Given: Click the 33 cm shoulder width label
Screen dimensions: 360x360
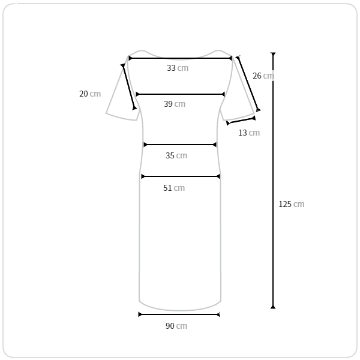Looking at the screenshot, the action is click(x=178, y=68).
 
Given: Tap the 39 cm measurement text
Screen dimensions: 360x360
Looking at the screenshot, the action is click(x=175, y=104).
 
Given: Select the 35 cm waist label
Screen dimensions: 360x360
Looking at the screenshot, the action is click(x=176, y=155).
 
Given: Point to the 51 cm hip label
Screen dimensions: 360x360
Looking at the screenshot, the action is click(x=174, y=188).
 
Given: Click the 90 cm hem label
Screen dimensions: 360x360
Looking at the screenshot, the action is click(x=176, y=326).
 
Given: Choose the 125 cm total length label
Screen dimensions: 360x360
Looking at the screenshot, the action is click(x=292, y=204).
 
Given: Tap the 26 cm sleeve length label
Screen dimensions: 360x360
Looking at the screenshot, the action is click(x=263, y=76).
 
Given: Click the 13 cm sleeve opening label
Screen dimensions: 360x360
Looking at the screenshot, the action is click(x=249, y=133).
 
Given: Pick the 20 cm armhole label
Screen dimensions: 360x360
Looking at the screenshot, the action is click(x=90, y=94).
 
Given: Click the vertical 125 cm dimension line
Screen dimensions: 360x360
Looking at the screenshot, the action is click(x=273, y=181).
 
